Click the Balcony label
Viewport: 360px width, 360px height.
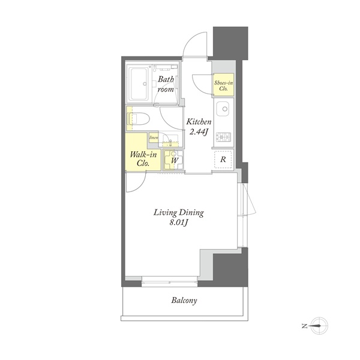pos(184,301)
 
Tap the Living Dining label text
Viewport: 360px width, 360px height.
pos(179,213)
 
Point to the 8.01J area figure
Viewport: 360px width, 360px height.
pos(179,223)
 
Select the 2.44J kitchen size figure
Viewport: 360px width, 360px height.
pos(199,131)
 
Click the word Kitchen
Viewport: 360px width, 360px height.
pos(199,121)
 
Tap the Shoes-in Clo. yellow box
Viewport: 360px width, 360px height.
pos(223,85)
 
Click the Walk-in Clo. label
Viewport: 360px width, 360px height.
pos(143,158)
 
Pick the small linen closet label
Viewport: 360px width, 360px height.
pos(154,138)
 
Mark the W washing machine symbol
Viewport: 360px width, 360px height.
pos(174,160)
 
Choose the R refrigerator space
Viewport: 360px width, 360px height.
pos(223,160)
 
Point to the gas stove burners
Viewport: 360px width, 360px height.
pos(223,137)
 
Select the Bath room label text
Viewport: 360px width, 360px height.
pos(166,84)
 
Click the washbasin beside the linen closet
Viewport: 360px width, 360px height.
pos(170,139)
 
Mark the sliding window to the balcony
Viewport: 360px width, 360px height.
pos(169,281)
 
